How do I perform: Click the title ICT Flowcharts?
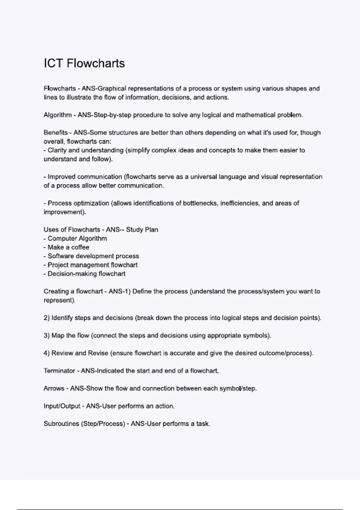point(84,63)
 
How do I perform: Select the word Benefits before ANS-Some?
point(55,133)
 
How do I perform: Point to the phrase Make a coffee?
point(68,247)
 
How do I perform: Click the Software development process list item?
point(93,256)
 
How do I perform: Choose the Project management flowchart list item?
point(92,265)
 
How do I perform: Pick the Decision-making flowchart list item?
point(86,274)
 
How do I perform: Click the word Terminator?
point(59,371)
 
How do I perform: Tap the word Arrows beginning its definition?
point(54,388)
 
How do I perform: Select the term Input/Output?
point(62,406)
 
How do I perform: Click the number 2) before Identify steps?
point(46,318)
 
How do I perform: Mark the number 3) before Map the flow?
point(46,335)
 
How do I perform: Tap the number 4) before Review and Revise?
point(46,353)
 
